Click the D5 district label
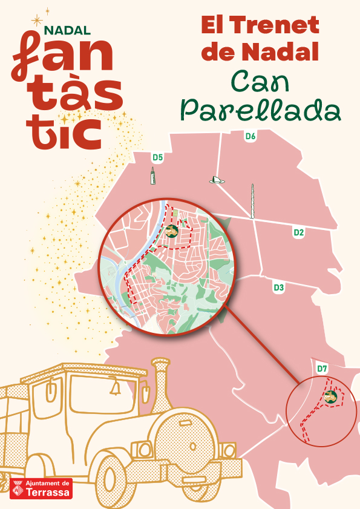pyautogui.click(x=158, y=157)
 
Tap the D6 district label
pyautogui.click(x=250, y=136)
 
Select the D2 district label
pyautogui.click(x=298, y=232)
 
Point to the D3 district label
pyautogui.click(x=279, y=287)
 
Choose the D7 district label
pyautogui.click(x=322, y=368)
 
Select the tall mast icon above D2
pyautogui.click(x=253, y=200)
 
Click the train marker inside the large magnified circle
pyautogui.click(x=172, y=231)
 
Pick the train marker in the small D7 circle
pyautogui.click(x=330, y=397)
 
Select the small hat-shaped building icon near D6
pyautogui.click(x=216, y=180)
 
